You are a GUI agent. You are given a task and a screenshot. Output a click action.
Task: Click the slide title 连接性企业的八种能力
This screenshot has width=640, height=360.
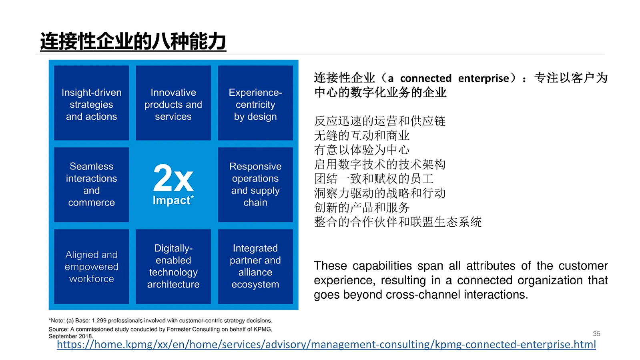[x=133, y=41]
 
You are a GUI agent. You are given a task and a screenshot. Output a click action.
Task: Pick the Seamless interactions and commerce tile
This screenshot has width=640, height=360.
[x=91, y=184]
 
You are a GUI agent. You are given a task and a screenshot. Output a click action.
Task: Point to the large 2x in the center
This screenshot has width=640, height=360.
[x=173, y=178]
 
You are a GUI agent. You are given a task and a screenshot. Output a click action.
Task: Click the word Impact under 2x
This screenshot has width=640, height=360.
[x=171, y=200]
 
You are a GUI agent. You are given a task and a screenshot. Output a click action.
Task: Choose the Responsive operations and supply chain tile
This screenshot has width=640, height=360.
[x=255, y=184]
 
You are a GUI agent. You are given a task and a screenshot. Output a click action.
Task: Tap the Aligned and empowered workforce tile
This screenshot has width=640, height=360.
[x=91, y=266]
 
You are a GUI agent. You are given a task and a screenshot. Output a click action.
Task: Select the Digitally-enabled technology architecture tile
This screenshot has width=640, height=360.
[x=173, y=266]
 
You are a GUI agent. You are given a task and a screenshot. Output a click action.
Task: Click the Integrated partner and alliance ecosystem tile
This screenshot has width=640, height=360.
[x=255, y=266]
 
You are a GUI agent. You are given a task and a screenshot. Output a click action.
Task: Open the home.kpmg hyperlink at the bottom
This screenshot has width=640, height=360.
[x=326, y=344]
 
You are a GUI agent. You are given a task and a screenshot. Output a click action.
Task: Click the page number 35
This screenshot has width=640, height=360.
[x=596, y=334]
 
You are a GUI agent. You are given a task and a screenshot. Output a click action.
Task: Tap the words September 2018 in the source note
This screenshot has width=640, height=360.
[x=70, y=336]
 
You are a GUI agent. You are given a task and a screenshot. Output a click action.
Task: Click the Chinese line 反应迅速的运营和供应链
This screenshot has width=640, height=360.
[x=379, y=121]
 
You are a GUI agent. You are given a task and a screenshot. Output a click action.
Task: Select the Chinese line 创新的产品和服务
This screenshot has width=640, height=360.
[x=361, y=207]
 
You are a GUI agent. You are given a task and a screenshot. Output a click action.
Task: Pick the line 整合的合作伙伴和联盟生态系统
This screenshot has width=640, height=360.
[x=397, y=222]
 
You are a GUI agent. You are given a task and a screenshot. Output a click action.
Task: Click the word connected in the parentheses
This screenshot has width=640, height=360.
[x=425, y=78]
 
